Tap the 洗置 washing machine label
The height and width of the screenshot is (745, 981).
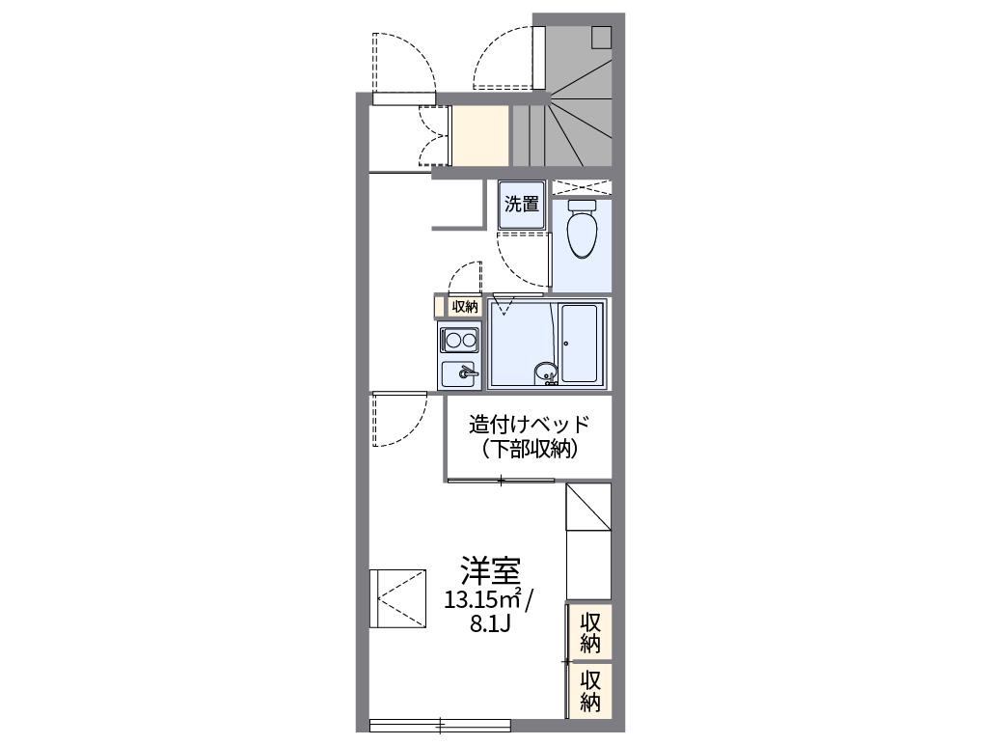[522, 205]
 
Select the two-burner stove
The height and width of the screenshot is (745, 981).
[459, 340]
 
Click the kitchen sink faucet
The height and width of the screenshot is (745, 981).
[467, 372]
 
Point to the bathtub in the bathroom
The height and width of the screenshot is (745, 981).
[582, 343]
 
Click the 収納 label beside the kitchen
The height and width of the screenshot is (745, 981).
[464, 307]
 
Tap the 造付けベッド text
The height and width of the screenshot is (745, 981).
[528, 424]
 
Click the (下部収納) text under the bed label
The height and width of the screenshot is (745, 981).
[528, 448]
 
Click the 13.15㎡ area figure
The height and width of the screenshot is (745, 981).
[482, 599]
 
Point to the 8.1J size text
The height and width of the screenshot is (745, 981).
[489, 623]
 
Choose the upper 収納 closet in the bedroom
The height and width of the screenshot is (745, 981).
[590, 631]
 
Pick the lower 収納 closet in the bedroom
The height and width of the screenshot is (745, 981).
[590, 689]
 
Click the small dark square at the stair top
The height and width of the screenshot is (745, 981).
[601, 37]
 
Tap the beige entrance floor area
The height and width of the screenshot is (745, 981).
[480, 136]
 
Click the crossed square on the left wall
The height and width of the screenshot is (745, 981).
[397, 598]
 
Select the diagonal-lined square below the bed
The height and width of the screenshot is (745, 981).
[588, 507]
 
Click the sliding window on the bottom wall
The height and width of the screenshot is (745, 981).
[440, 725]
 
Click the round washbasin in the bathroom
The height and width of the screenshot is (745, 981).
[546, 370]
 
